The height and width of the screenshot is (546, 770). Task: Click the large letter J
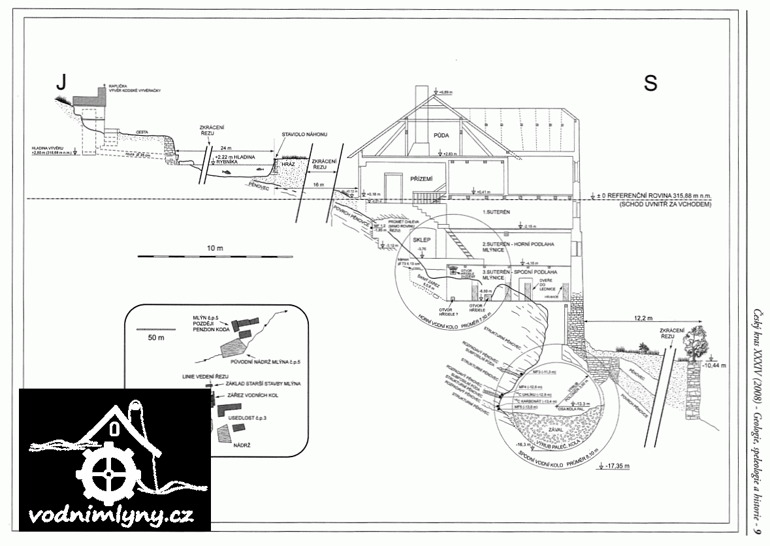[x=61, y=82]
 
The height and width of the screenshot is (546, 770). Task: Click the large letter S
[x=650, y=82]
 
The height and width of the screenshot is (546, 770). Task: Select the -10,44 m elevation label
[x=714, y=366]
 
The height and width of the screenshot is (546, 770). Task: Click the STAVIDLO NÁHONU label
[x=304, y=134]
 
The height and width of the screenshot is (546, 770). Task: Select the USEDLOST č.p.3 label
[x=251, y=415]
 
